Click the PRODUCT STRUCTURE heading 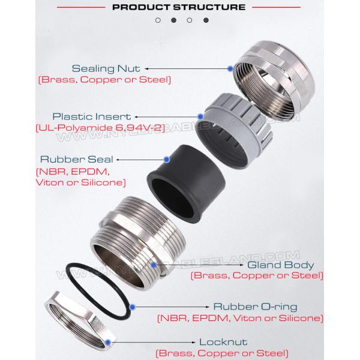pyautogui.click(x=179, y=7)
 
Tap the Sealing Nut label pyautogui.click(x=106, y=68)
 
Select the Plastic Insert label pyautogui.click(x=92, y=116)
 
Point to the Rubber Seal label pyautogui.click(x=77, y=160)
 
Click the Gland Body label pyautogui.click(x=281, y=265)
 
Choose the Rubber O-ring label pyautogui.click(x=256, y=307)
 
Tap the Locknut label pyautogui.click(x=223, y=342)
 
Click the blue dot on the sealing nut pyautogui.click(x=230, y=68)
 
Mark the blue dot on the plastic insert pyautogui.click(x=200, y=116)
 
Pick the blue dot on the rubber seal pyautogui.click(x=167, y=160)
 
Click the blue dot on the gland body pyautogui.click(x=154, y=265)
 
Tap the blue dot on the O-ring pyautogui.click(x=132, y=307)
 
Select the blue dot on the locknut pyautogui.click(x=108, y=343)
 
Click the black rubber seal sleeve pyautogui.click(x=186, y=184)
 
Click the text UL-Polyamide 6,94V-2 pyautogui.click(x=100, y=128)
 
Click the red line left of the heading pyautogui.click(x=81, y=7)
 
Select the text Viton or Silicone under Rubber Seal pyautogui.click(x=81, y=183)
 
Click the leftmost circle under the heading pyautogui.click(x=158, y=20)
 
